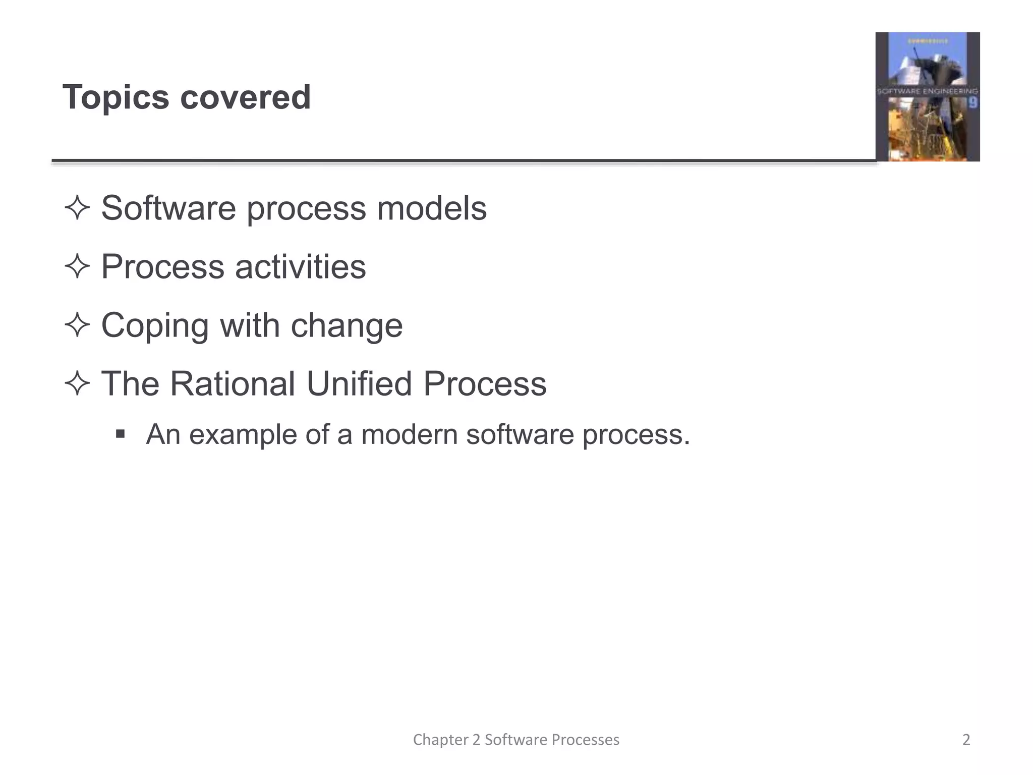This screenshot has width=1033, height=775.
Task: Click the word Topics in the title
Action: tap(116, 97)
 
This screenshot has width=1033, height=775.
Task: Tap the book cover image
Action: tap(927, 97)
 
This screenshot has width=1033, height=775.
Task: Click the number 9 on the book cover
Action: tap(973, 103)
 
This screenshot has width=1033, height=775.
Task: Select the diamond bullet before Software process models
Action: tap(77, 208)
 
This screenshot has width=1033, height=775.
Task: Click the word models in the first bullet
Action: tap(432, 208)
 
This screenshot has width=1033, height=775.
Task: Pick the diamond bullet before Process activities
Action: tap(77, 266)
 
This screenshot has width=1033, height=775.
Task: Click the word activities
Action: tap(301, 266)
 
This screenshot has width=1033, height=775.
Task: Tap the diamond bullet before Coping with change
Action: tap(77, 325)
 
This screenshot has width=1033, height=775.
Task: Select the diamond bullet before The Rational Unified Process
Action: tap(77, 383)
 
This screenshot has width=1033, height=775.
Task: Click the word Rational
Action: tap(233, 383)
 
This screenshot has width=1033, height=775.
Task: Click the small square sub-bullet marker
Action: tap(120, 434)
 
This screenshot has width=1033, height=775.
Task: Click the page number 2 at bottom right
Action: tap(966, 740)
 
